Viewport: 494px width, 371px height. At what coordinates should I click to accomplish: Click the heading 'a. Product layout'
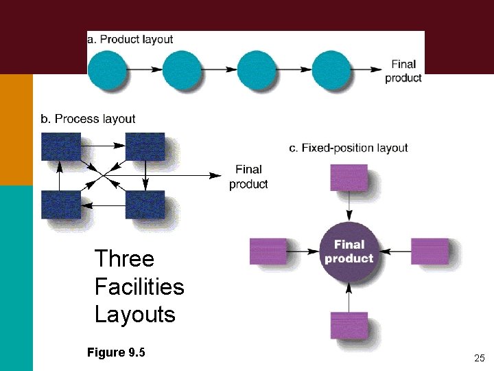click(130, 39)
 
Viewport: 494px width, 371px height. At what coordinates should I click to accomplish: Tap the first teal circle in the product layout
click(108, 69)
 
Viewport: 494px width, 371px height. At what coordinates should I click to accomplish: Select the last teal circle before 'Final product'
click(331, 69)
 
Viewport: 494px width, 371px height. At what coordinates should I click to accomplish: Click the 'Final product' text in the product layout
click(403, 71)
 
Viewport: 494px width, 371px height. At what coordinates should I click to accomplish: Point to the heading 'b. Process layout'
click(88, 119)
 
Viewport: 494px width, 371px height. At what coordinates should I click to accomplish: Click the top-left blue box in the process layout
click(60, 146)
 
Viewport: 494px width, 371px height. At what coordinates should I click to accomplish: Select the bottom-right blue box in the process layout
click(145, 204)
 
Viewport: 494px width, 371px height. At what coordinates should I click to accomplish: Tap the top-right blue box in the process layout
click(145, 146)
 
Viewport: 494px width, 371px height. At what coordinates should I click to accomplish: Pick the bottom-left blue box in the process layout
click(60, 204)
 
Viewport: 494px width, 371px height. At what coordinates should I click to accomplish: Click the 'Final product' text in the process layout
click(248, 177)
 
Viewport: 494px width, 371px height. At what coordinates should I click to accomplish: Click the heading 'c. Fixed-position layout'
click(349, 148)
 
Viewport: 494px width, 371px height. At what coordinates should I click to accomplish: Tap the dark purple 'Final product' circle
click(349, 251)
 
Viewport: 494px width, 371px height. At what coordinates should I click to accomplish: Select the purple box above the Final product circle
click(349, 177)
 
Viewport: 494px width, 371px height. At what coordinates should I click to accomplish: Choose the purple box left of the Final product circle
click(268, 251)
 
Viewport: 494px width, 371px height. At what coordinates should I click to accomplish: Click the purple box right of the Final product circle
click(430, 251)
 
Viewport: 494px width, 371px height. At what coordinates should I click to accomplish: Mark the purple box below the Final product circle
click(349, 325)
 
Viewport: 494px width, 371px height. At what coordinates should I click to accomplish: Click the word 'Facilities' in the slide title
click(139, 286)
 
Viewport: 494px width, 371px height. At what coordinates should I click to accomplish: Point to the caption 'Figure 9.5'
click(116, 352)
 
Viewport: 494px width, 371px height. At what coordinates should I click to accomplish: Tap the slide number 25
click(479, 359)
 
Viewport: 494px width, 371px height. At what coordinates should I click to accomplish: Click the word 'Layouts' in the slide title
click(135, 315)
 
